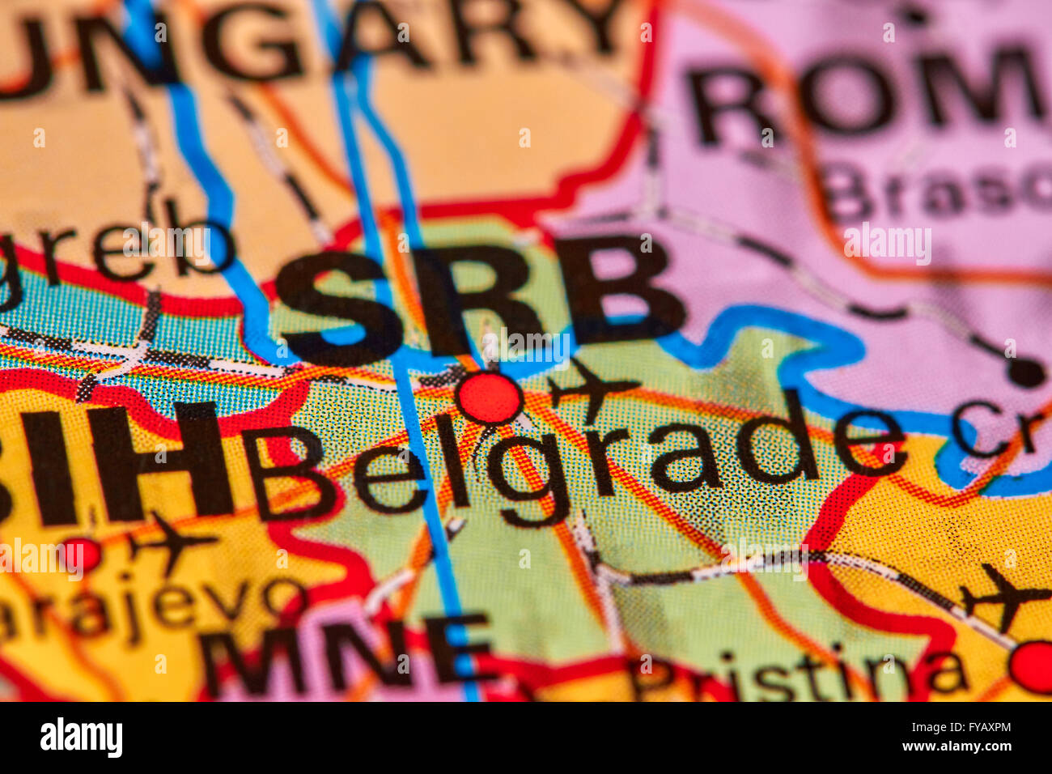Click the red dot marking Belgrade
click(x=490, y=398)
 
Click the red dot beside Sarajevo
click(x=81, y=555)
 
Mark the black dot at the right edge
click(x=1026, y=372)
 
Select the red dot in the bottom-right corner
click(x=1032, y=666)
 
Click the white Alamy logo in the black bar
click(x=81, y=738)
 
